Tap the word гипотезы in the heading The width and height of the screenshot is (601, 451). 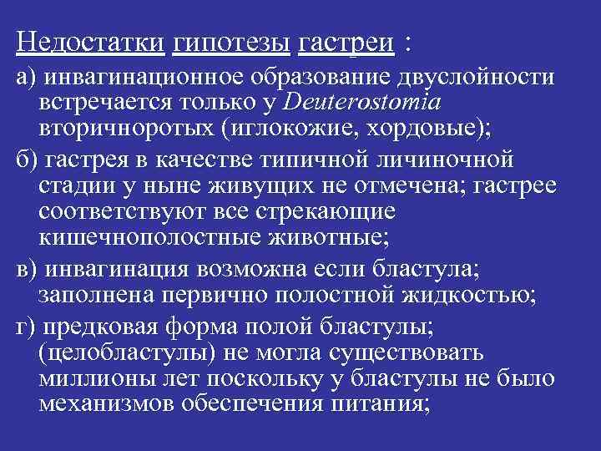(x=230, y=41)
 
